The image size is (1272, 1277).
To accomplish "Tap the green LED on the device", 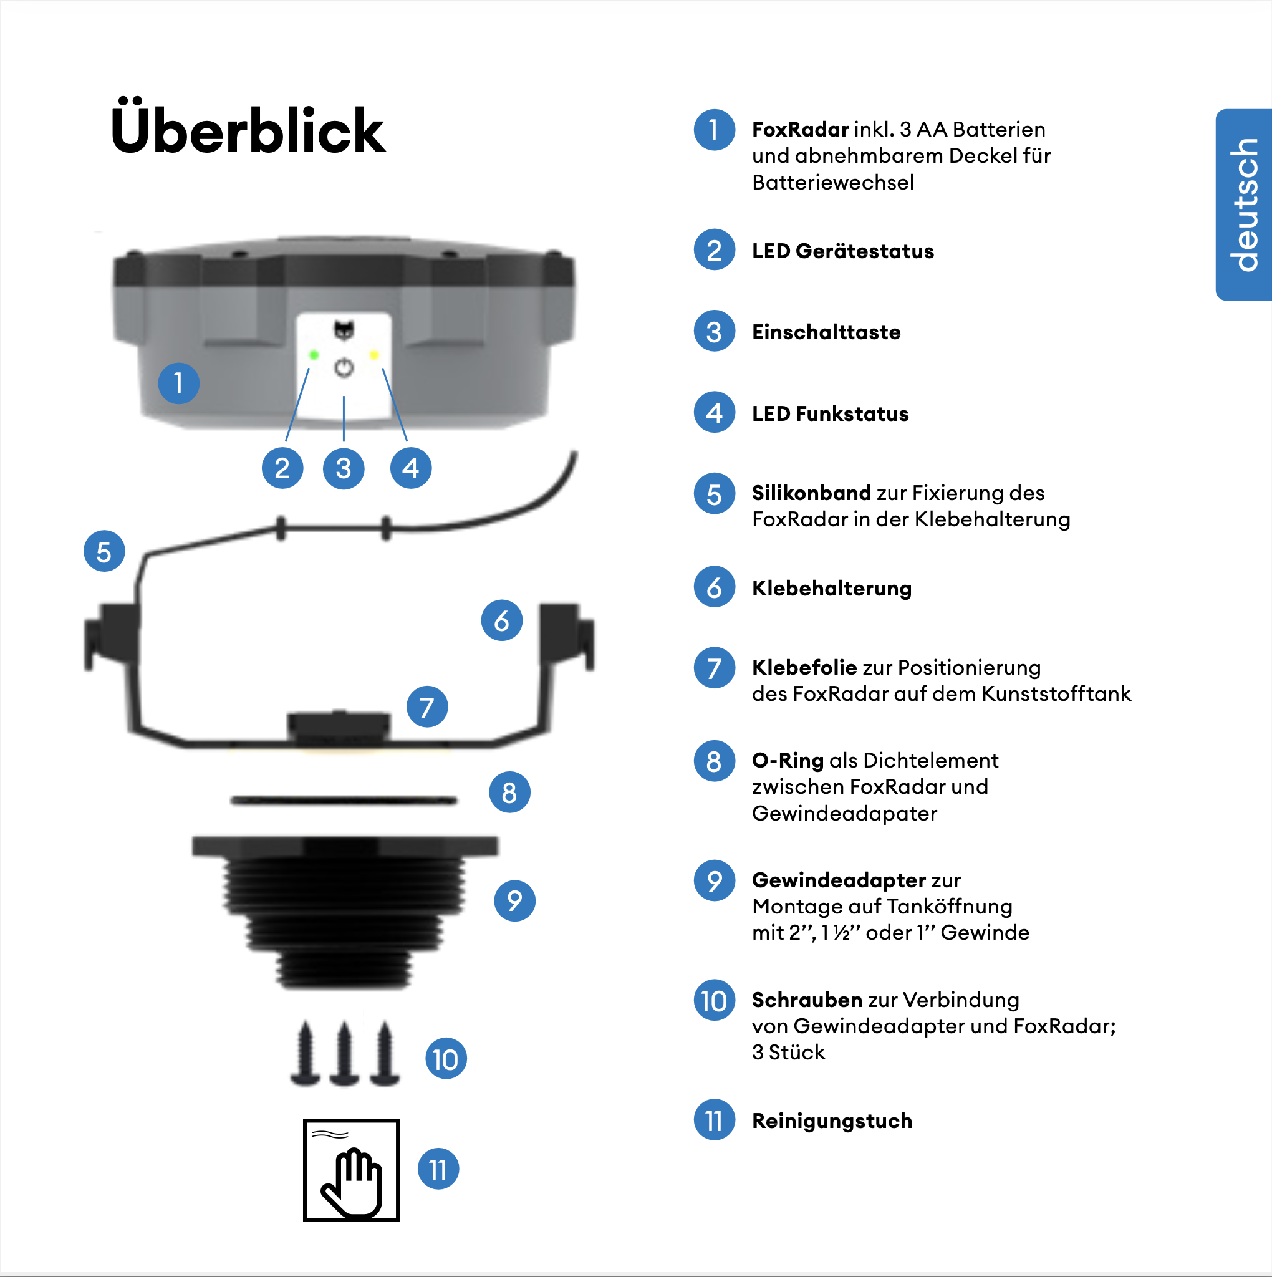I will [314, 355].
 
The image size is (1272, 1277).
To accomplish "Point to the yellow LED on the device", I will [374, 355].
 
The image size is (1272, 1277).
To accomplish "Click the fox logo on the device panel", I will [344, 329].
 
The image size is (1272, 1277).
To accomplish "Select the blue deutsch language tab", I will [1244, 205].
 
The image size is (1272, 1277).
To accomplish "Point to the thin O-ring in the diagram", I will [344, 801].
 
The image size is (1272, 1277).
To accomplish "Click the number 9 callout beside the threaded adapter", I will [514, 900].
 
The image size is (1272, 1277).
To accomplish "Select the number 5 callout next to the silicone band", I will [104, 551].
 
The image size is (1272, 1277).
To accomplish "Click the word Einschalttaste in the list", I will [826, 332].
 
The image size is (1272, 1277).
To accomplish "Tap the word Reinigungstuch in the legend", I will [832, 1121].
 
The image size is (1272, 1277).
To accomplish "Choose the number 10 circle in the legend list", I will [714, 1001].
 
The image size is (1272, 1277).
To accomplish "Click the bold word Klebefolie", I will [804, 668].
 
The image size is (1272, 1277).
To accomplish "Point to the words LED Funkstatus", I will [830, 414].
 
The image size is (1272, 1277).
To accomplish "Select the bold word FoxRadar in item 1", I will [800, 130].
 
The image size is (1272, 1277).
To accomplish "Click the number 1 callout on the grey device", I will [178, 383].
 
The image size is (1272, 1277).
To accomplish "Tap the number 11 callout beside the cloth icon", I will [438, 1170].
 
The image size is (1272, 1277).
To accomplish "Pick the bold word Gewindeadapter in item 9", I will [838, 880].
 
